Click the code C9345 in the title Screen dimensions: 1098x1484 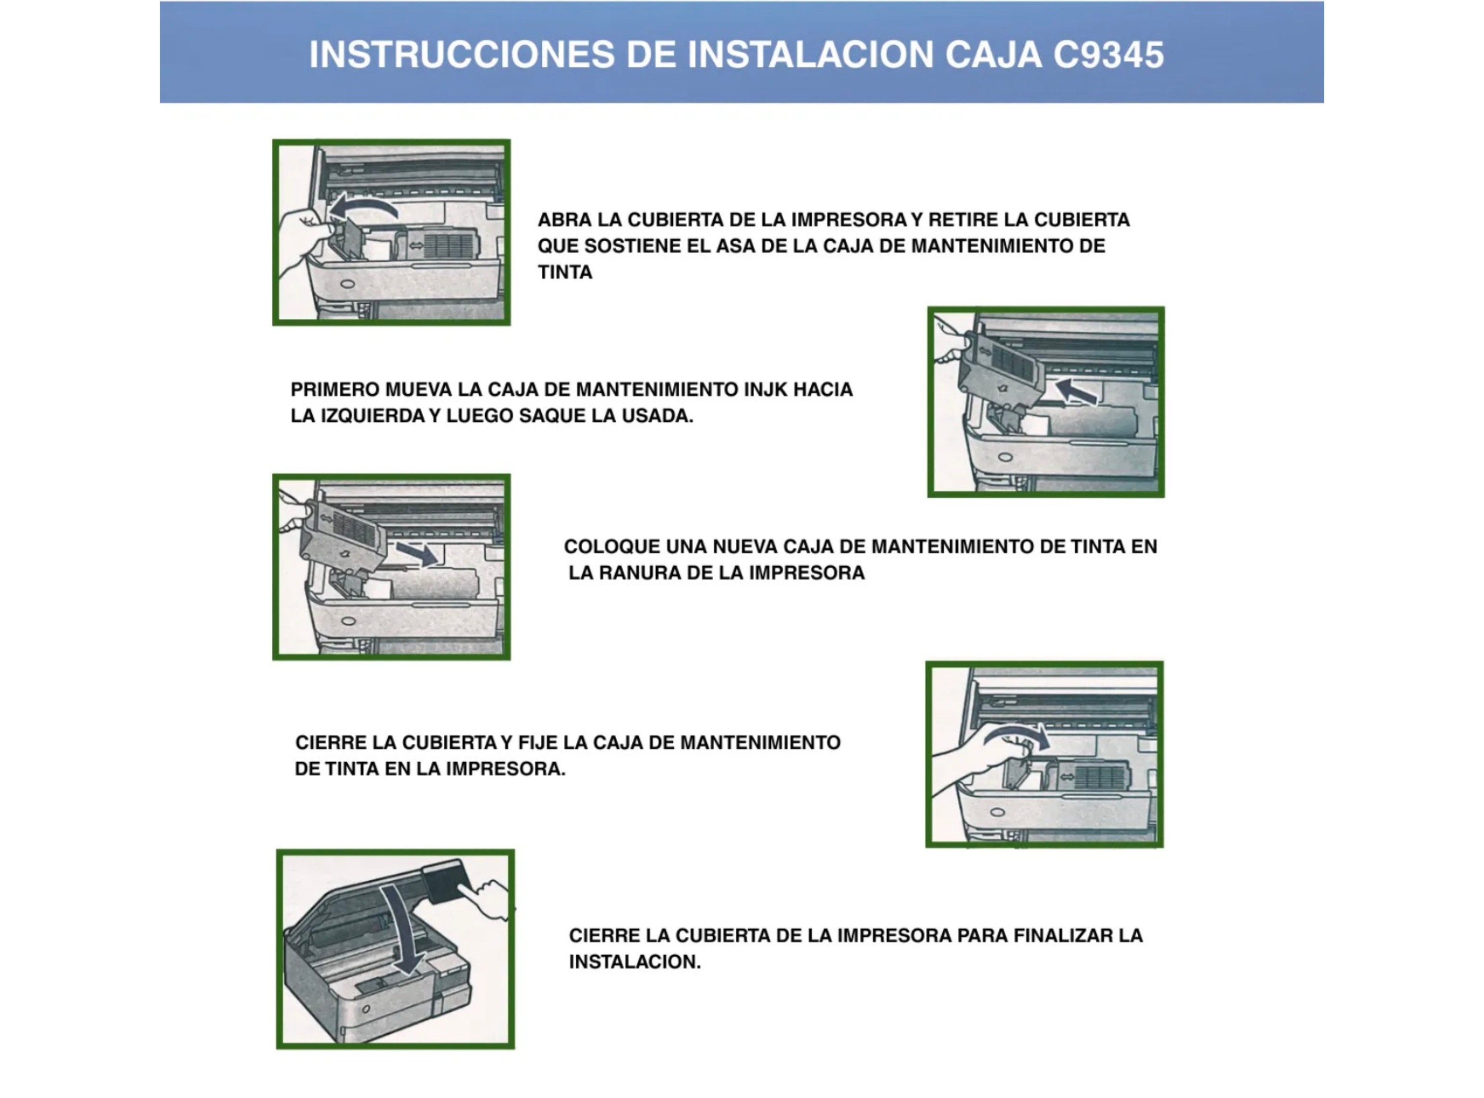click(1108, 55)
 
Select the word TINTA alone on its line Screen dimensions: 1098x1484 click(565, 273)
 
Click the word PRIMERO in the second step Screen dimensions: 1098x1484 click(334, 390)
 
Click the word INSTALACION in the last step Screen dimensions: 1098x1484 click(634, 962)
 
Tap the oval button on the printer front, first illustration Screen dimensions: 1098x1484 click(347, 284)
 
